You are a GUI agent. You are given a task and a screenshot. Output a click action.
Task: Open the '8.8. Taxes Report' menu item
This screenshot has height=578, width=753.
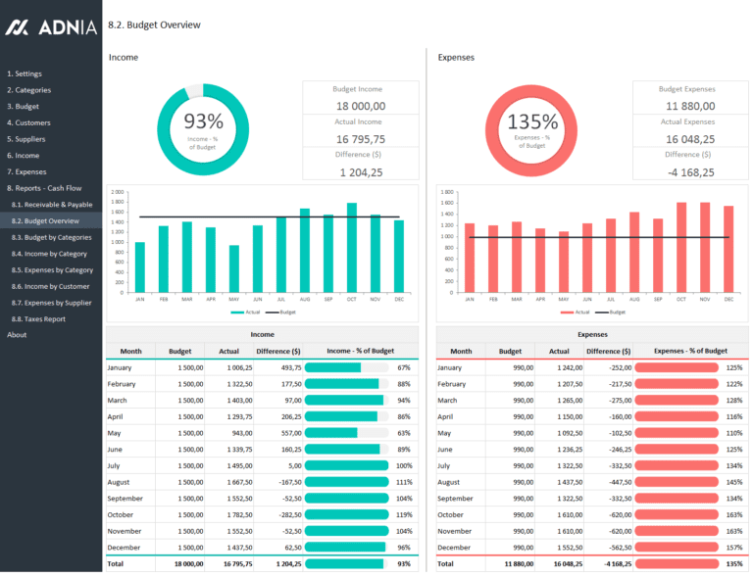click(38, 318)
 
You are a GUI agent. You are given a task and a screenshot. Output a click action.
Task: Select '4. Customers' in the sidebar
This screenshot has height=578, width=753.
click(28, 122)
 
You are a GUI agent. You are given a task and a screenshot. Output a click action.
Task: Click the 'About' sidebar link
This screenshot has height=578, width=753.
click(17, 335)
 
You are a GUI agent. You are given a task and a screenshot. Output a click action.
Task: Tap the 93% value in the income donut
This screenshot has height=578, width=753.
click(203, 121)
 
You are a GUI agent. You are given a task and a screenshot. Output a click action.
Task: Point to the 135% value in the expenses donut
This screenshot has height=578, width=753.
click(532, 122)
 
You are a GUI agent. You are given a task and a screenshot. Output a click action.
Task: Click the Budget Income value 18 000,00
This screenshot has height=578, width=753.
click(360, 106)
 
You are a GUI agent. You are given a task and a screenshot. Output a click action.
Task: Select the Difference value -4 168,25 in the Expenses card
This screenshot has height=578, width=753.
click(690, 172)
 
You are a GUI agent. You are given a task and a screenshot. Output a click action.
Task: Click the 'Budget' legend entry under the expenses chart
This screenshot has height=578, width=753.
click(613, 313)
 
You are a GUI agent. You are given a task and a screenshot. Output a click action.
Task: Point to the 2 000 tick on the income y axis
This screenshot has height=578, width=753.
click(118, 192)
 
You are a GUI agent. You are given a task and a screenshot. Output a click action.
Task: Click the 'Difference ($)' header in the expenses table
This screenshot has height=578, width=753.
click(608, 351)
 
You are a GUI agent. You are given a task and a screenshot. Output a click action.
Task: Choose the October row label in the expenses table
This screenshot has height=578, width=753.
click(451, 514)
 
